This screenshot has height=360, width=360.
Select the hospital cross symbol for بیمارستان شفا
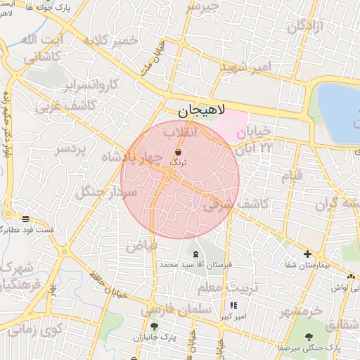[x=307, y=254]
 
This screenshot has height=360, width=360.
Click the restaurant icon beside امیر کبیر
[x=233, y=305]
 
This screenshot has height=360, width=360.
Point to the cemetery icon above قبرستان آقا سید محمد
[x=195, y=254]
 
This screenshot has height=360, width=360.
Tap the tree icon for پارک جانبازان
[x=154, y=326]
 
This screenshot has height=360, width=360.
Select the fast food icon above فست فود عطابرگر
[x=26, y=219]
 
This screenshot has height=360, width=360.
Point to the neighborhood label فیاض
[x=141, y=247]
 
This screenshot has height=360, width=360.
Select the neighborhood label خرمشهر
[x=300, y=310]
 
